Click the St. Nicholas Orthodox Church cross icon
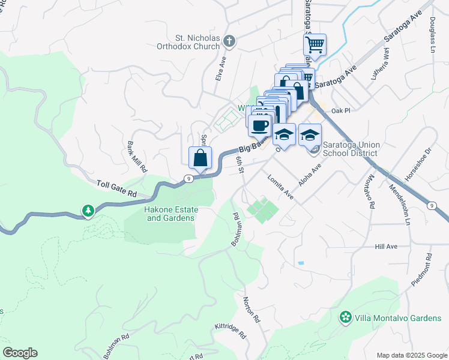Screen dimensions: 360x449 coord(229,41)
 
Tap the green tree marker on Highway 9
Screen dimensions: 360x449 coord(88,211)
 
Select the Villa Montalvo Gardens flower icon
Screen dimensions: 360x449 coord(345,317)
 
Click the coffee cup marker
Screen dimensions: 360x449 coord(259,125)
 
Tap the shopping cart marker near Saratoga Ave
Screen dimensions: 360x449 coord(315,44)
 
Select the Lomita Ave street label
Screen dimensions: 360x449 coord(280,187)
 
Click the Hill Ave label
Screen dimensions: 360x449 coord(387,247)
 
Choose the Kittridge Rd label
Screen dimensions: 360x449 coord(231,332)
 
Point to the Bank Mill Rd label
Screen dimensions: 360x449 coord(137,157)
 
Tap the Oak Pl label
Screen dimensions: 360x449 coord(339,111)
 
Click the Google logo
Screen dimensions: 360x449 coord(20,353)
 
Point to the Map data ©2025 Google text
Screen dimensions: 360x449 coord(411,355)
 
